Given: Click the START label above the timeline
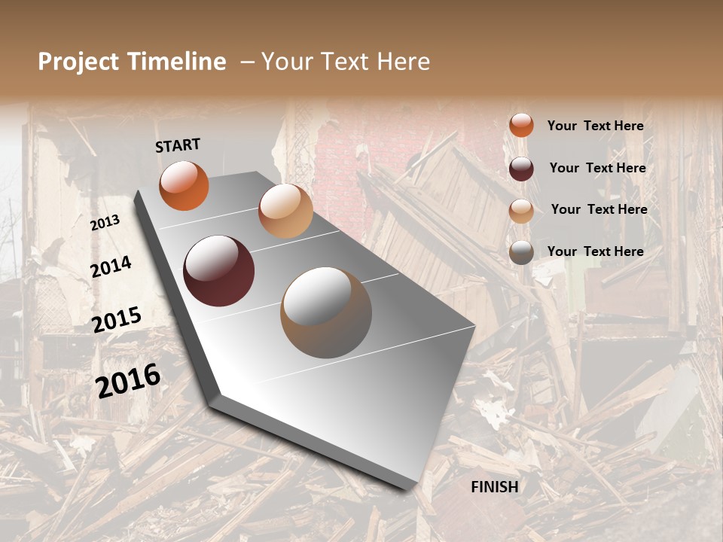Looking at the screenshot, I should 178,145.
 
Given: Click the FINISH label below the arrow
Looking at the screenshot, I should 494,487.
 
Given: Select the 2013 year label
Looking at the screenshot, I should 105,222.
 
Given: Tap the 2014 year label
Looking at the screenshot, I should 111,266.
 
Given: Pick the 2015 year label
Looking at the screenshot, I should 117,320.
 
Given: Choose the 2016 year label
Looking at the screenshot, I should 128,380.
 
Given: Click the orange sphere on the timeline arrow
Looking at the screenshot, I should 184,185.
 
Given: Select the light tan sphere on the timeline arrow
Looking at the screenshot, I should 285,211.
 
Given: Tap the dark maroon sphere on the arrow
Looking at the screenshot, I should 219,271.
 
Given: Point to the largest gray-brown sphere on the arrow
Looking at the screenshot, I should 326,312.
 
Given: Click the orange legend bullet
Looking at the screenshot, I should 521,125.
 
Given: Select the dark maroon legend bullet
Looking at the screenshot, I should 521,168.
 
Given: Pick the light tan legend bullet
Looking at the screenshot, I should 521,210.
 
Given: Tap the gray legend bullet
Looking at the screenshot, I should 521,252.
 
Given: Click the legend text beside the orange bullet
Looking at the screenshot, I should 595,126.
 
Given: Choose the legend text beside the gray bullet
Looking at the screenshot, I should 595,251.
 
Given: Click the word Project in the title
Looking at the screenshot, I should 78,62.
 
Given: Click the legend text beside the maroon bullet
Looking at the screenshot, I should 597,168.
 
